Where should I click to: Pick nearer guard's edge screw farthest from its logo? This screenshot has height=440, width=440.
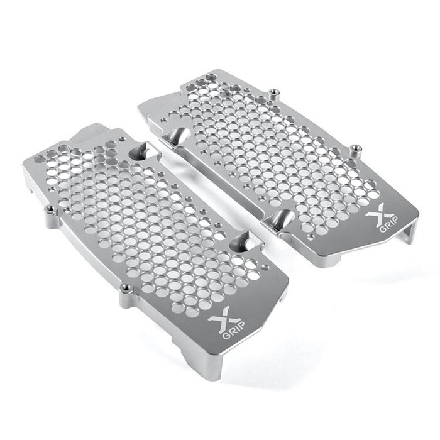tap(49, 207)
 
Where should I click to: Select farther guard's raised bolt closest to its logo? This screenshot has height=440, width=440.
tap(356, 148)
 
